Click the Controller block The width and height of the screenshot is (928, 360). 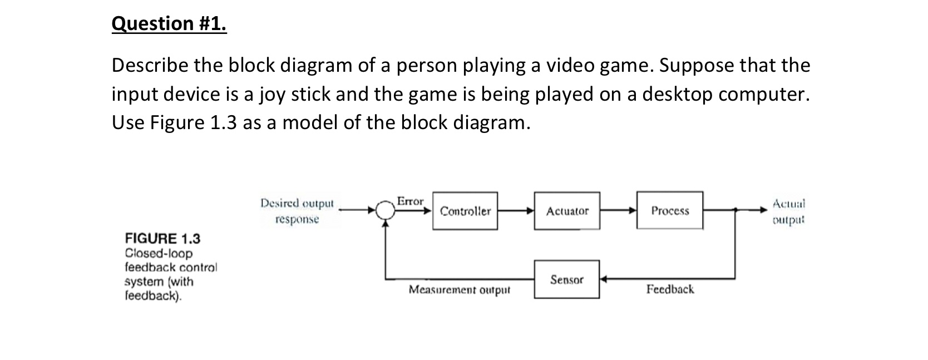coord(465,211)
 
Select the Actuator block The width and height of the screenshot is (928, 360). coord(567,211)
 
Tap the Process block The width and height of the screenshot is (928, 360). coord(670,210)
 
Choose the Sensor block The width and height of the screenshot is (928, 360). coord(567,279)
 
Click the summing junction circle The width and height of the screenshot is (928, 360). coord(384,210)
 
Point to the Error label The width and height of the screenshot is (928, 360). coord(410,201)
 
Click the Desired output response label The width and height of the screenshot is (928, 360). coord(297,211)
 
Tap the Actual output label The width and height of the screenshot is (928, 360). coord(789,211)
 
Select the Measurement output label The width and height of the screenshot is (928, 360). coord(459,290)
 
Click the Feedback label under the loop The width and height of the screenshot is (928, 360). coord(670,289)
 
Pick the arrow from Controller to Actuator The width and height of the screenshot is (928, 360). coord(516,211)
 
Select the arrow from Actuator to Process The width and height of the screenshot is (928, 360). coord(618,211)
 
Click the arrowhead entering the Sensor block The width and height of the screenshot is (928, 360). coord(604,279)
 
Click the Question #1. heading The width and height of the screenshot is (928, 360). coord(169,23)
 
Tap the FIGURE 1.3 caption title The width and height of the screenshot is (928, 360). coord(162,239)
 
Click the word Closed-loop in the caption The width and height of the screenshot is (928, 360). coord(159,253)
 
